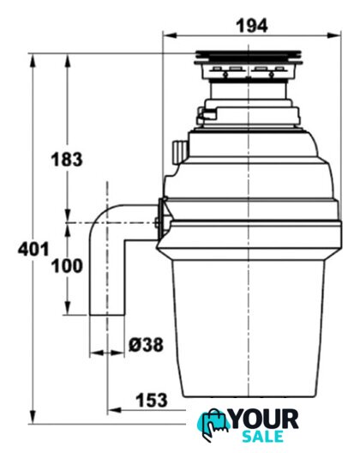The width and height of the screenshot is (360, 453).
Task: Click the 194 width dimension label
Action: coord(252,26)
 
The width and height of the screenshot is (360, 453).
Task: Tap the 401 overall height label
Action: coord(33,249)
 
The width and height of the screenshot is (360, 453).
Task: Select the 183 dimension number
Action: coord(67,160)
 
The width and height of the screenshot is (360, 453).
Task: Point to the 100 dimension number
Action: coord(67,266)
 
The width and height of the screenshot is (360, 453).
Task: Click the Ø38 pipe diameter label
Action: coord(146,345)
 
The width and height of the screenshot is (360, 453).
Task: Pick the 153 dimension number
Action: coord(152,400)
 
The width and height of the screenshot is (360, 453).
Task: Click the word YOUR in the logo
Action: coord(265,420)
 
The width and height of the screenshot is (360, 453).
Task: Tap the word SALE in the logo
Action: coord(262,436)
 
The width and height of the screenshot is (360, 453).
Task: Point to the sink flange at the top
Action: coord(249,57)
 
